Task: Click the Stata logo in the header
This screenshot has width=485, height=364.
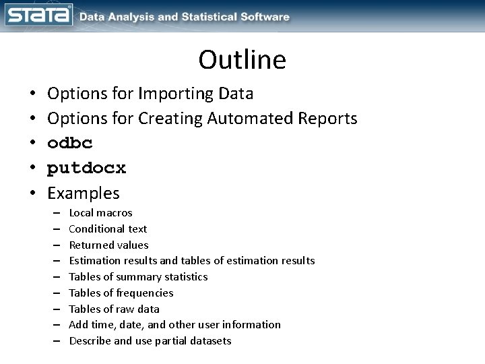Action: pyautogui.click(x=38, y=16)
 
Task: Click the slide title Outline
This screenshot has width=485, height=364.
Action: pyautogui.click(x=242, y=60)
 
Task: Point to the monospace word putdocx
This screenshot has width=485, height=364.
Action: pyautogui.click(x=86, y=169)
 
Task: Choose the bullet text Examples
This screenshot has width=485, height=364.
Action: pyautogui.click(x=84, y=193)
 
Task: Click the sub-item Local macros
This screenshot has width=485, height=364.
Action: pyautogui.click(x=100, y=213)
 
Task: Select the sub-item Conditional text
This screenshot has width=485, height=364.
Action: pyautogui.click(x=108, y=229)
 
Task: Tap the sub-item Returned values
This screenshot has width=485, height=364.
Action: pyautogui.click(x=108, y=245)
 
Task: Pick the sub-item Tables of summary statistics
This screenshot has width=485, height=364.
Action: pyautogui.click(x=138, y=277)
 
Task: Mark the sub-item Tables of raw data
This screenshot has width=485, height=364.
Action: pyautogui.click(x=114, y=309)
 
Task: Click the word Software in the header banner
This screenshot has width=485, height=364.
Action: pyautogui.click(x=264, y=16)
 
